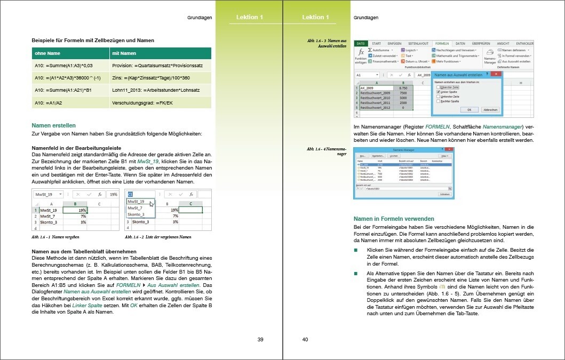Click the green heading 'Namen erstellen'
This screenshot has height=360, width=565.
53,125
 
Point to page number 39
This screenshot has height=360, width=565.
260,340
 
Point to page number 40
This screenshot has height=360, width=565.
305,340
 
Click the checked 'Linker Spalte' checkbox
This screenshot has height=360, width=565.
438,92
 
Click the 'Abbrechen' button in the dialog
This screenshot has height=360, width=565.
490,109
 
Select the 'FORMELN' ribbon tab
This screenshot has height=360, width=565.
442,43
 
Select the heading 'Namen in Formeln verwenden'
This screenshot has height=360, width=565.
394,219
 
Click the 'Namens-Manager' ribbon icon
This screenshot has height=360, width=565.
490,57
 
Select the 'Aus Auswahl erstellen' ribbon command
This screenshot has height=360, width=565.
516,62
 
